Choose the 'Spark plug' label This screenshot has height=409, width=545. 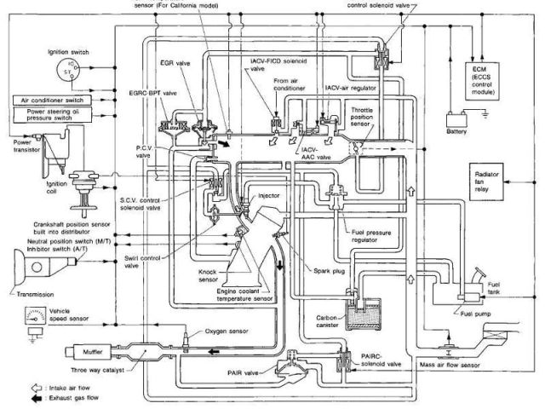[x=328, y=270]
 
